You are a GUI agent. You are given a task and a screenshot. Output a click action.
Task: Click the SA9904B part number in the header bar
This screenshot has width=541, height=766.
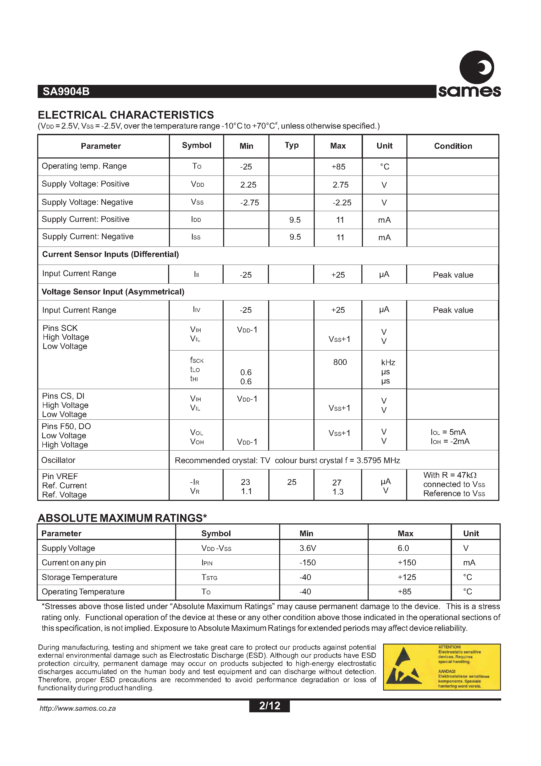point(66,91)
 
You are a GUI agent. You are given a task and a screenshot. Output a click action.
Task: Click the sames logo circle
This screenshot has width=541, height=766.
point(477,67)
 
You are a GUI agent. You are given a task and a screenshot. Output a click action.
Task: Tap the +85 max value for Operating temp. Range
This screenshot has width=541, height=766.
point(338,167)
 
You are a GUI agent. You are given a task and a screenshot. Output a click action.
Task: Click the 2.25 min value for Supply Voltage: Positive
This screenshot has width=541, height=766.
point(248,185)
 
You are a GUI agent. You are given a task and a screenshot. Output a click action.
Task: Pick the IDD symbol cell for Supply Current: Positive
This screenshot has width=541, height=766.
point(196,220)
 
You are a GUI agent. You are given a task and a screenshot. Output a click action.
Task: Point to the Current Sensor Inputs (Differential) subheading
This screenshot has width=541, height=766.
point(111,255)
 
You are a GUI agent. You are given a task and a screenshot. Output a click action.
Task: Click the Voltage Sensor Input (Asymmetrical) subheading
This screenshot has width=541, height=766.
point(113,292)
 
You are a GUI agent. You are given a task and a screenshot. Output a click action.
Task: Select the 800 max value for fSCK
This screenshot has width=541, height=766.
point(340,362)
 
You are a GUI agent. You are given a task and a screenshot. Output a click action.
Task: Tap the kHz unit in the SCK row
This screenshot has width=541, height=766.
point(388,363)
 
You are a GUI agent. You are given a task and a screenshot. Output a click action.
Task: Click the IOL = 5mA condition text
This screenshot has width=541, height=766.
point(448,432)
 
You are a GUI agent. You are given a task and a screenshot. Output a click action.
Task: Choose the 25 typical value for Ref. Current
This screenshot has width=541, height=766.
point(291,482)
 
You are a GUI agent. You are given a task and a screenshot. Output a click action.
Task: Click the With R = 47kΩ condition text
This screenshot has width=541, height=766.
point(450,475)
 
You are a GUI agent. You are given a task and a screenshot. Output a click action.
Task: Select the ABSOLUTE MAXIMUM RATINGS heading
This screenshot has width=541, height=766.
point(122,518)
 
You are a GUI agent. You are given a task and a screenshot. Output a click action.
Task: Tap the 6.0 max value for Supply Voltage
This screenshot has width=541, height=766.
point(403,548)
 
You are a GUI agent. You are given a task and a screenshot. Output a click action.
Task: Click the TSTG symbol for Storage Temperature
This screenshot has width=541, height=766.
point(209,577)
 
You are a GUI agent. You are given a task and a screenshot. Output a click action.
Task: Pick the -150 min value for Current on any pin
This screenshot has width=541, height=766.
point(307,563)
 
